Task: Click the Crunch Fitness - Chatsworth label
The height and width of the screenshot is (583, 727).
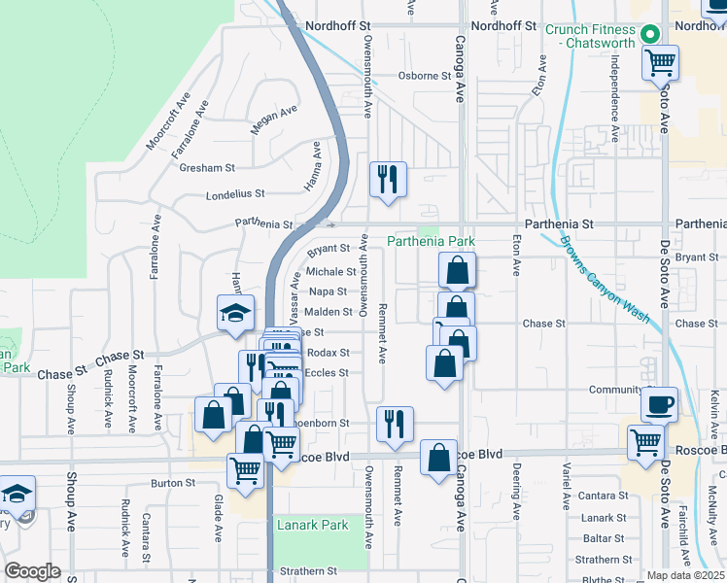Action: click(x=589, y=36)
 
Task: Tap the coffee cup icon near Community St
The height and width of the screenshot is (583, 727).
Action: click(x=659, y=403)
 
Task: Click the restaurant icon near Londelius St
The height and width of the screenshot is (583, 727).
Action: click(x=388, y=179)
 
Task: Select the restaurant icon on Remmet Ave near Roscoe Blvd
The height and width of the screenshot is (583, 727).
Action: click(x=395, y=424)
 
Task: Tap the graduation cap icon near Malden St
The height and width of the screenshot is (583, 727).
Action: click(x=234, y=313)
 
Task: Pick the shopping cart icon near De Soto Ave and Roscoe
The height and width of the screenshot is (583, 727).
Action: click(x=645, y=443)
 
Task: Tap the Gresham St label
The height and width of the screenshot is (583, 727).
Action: click(x=208, y=168)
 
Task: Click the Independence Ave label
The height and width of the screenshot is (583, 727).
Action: click(x=614, y=92)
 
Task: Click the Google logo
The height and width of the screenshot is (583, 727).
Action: click(x=32, y=571)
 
